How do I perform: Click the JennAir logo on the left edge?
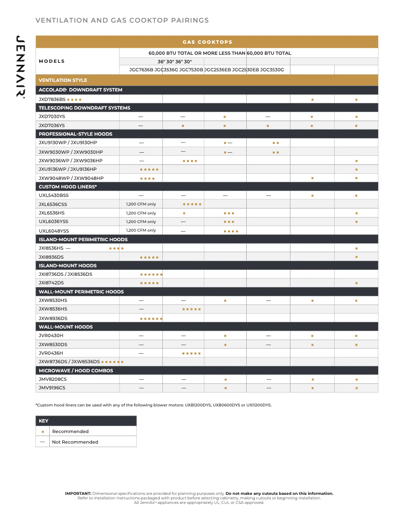pos(21,67)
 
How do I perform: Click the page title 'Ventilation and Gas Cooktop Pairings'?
pos(122,21)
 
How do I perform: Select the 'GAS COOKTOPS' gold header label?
pos(207,42)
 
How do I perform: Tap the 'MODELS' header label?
pos(52,61)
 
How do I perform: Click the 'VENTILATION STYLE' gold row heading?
pos(63,80)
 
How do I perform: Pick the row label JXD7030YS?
pos(52,117)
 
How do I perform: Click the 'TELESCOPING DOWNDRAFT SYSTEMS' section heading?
pos(84,108)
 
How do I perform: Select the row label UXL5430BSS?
pos(54,195)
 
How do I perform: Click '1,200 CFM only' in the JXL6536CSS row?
pos(141,204)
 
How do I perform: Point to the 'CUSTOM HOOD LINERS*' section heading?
pos(68,187)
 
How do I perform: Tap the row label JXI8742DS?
pos(51,283)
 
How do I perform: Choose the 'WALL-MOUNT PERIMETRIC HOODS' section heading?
pos(81,292)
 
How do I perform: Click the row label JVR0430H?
pos(51,336)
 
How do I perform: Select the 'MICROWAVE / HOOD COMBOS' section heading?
pos(76,371)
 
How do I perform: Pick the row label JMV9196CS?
pos(52,388)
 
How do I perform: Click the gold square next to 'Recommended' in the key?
pos(43,432)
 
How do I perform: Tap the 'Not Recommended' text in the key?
pos(75,442)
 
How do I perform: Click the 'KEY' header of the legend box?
pos(44,421)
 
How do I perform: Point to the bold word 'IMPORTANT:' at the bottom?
pos(78,493)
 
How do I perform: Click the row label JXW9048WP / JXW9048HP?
pos(71,178)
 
